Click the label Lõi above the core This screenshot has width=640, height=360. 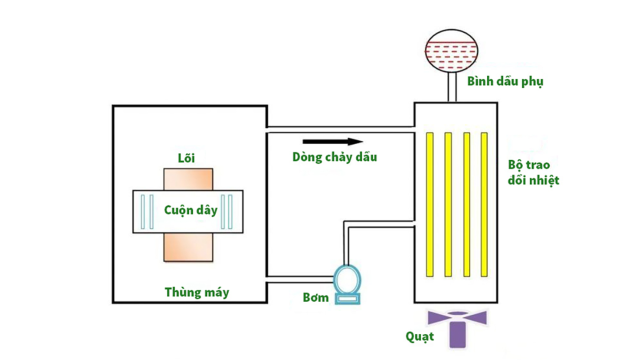coord(186,159)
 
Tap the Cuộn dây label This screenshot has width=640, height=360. coord(190,210)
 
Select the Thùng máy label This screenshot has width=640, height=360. coord(197,292)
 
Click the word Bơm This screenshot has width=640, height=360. coord(316,298)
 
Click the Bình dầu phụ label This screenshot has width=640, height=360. coord(505,81)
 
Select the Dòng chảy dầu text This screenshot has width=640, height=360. coord(335,157)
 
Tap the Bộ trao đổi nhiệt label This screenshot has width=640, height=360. coord(533,172)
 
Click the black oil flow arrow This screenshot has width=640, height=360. coord(332,141)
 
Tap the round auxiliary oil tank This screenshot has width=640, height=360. coord(451,49)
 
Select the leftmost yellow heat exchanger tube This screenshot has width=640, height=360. coord(429,204)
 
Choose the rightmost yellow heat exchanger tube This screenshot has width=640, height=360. coord(484,204)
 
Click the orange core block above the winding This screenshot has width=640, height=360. coord(188,179)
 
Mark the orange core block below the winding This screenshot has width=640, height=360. coord(188,248)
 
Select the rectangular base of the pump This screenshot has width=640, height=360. coord(347,298)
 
